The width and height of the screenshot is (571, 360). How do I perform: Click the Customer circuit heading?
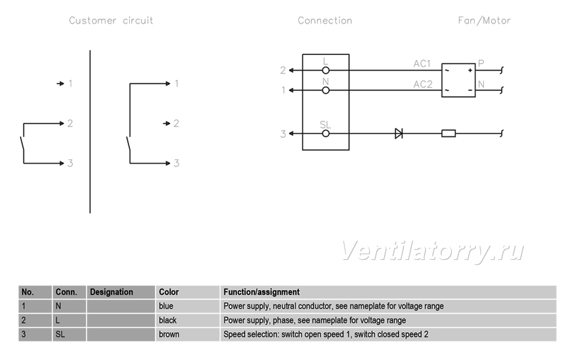coord(111,21)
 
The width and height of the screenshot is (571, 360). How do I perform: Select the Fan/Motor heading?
coord(484,21)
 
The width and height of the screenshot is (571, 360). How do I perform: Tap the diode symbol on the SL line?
coord(399,134)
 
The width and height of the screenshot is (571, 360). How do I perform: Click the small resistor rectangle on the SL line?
coord(448,134)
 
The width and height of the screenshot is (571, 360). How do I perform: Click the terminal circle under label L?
coord(325,70)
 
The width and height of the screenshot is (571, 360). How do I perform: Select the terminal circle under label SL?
coord(325,134)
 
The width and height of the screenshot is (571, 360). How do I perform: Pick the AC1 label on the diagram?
coord(422,64)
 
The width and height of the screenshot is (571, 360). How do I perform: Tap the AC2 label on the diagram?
coord(423,84)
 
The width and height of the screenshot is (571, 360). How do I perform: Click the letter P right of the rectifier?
coord(481,64)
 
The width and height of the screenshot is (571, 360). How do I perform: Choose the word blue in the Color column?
coord(166,306)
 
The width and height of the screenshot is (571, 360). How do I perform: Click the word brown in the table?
coord(169,334)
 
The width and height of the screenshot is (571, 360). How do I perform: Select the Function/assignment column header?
coord(261,292)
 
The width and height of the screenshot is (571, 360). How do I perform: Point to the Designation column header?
coord(111,292)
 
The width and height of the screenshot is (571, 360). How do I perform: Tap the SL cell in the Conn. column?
coord(60,334)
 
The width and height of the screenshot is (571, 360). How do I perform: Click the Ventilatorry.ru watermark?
coord(433,251)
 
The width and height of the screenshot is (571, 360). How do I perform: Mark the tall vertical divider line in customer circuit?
coord(90,131)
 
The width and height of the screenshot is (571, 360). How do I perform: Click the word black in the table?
coord(168,320)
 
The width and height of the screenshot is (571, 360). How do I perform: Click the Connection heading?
coord(325,21)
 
